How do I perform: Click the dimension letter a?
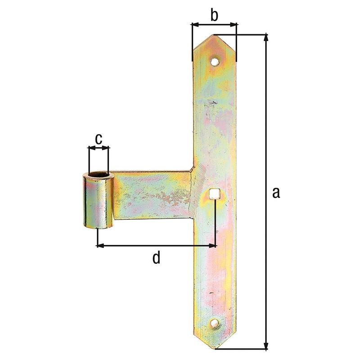276,193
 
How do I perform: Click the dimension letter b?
214,15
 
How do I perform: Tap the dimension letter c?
99,139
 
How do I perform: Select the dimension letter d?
156,258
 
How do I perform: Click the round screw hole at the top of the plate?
215,62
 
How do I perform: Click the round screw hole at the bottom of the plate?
214,324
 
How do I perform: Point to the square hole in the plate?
215,193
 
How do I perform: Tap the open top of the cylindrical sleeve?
99,175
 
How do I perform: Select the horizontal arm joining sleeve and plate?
152,195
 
